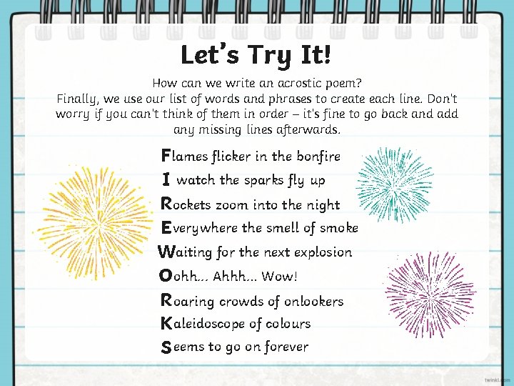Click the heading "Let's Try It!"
coord(256,55)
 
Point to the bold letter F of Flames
coord(166,155)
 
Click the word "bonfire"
coord(318,156)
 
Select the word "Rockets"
coord(186,204)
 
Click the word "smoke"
coord(339,228)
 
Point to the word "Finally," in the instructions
coord(79,98)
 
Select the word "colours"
coord(287,324)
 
